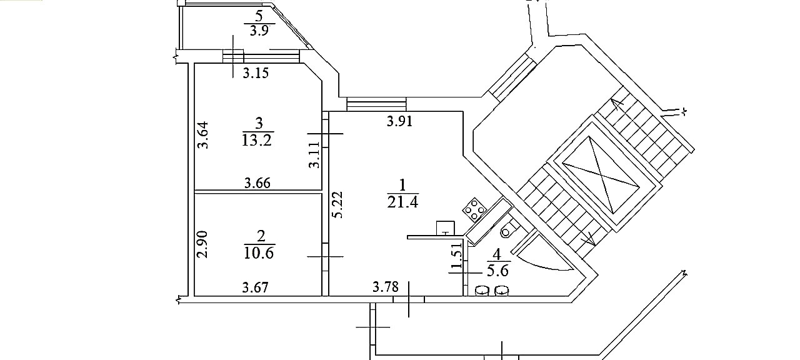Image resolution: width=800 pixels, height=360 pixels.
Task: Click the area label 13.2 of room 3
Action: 257,140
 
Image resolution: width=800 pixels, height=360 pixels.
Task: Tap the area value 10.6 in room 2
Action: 259,253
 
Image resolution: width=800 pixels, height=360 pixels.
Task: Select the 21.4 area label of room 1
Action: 402,202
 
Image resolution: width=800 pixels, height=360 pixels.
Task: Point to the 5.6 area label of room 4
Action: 498,271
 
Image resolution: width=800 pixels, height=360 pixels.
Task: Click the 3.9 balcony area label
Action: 259,31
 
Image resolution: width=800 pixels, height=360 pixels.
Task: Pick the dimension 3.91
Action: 399,122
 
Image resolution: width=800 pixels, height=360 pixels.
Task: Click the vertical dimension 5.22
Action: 337,204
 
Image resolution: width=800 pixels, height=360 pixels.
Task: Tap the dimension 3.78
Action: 386,287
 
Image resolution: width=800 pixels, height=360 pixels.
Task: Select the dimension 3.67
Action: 255,287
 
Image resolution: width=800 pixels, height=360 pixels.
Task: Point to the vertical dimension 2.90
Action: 202,244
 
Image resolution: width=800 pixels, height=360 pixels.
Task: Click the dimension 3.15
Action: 256,73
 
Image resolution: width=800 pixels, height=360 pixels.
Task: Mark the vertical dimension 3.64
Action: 203,135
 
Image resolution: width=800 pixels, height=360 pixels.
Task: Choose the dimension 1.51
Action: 457,256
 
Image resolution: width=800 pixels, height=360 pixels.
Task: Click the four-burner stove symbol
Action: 474,209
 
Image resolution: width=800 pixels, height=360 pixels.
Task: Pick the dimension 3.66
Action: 257,183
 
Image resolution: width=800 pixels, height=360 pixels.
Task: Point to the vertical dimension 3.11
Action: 314,155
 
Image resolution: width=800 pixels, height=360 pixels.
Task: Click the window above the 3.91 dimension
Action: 376,104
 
